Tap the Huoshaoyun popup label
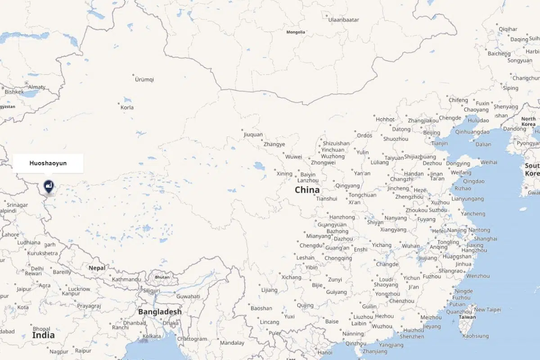(x=48, y=163)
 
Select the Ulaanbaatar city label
(x=343, y=20)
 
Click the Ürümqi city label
(x=144, y=80)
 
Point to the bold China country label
(x=307, y=190)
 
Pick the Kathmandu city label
(x=126, y=279)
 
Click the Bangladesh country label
(x=160, y=312)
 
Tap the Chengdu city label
(x=311, y=246)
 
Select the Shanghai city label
(x=486, y=239)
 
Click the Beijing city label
(x=432, y=133)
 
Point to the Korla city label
(x=127, y=108)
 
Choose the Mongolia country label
(x=296, y=32)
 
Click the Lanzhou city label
(x=308, y=180)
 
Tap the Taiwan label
(x=467, y=317)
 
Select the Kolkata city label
(x=151, y=336)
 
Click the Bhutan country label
(x=162, y=277)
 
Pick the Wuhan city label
(x=410, y=246)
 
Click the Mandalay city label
(x=232, y=343)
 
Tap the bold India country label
(x=43, y=335)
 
